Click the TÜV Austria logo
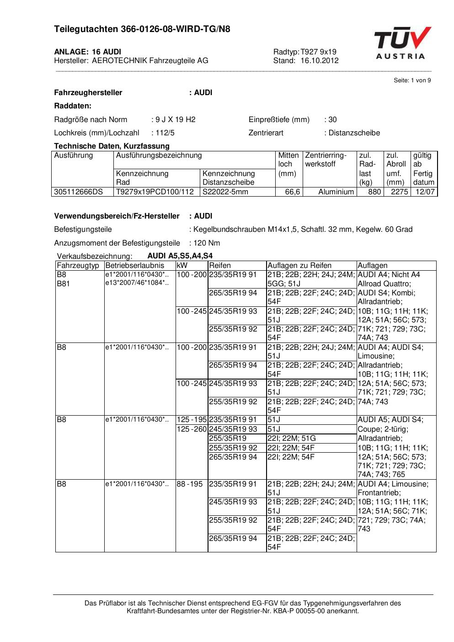pos(402,43)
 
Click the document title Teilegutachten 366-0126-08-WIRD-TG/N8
pos(142,29)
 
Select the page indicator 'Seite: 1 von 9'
pos(412,80)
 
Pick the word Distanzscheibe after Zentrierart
pos(354,133)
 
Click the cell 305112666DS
pos(79,192)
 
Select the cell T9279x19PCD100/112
pos(155,192)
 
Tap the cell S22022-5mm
pos(225,192)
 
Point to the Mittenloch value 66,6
pos(292,192)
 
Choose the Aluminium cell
pos(336,192)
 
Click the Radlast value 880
pos(374,192)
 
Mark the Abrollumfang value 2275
pos(399,192)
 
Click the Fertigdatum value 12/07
pos(425,192)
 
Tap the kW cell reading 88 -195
pos(190,484)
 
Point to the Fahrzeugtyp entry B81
pos(64,284)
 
